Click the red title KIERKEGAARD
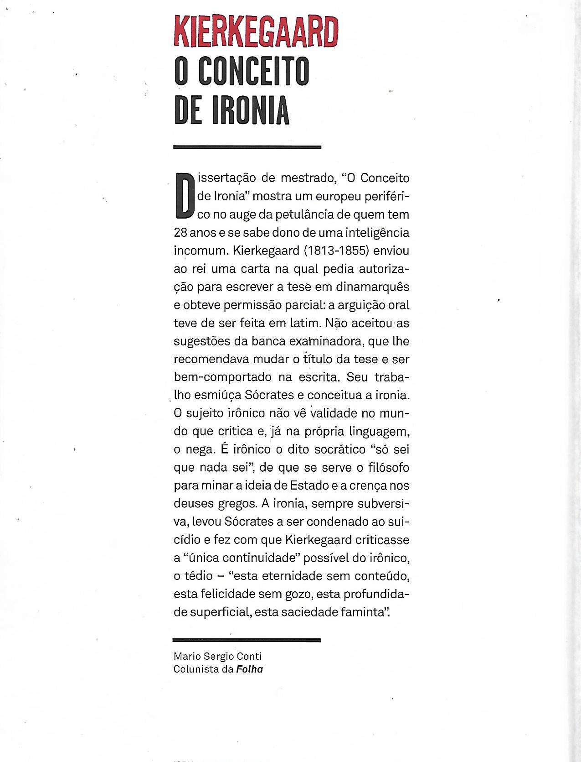point(256,32)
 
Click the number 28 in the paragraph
point(180,233)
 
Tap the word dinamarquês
point(373,287)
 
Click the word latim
point(305,323)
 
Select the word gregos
point(237,504)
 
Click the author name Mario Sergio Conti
point(217,656)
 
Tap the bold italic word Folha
point(250,669)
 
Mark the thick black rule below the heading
point(247,147)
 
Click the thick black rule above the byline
point(247,640)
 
